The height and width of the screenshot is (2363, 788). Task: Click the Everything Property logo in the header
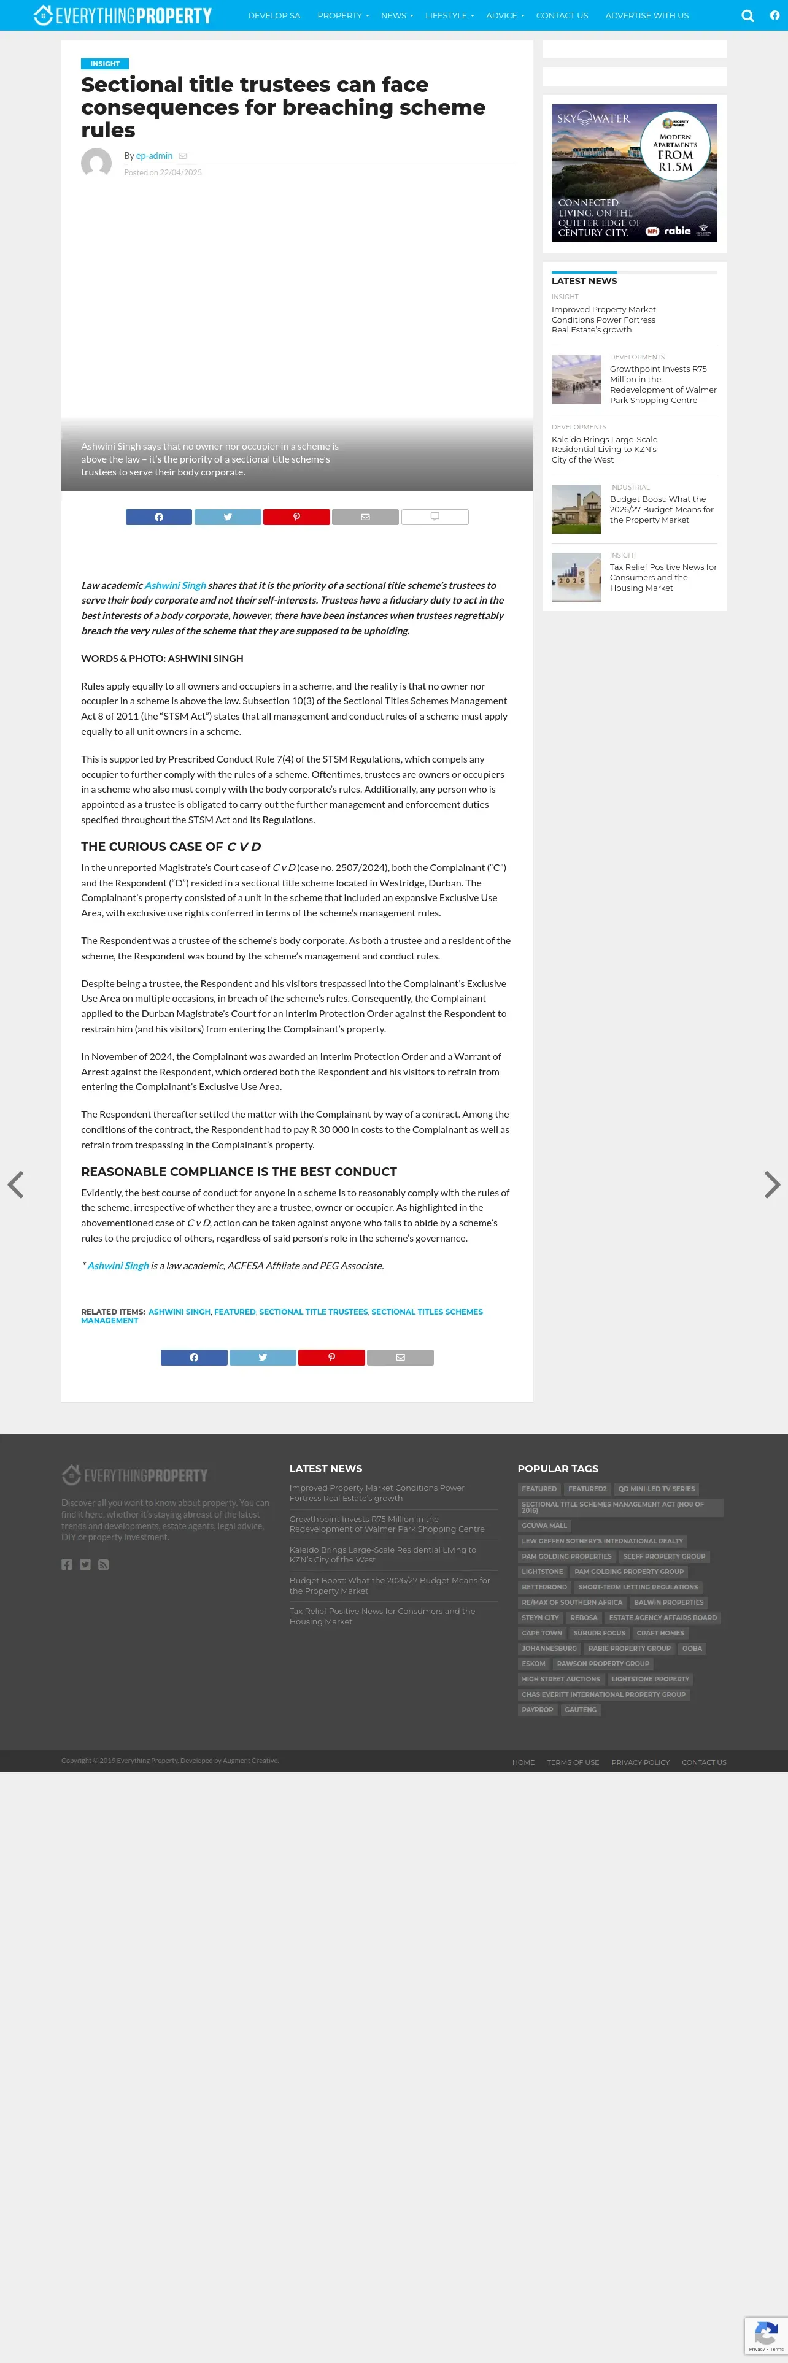tap(122, 15)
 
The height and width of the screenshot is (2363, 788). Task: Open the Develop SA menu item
tap(273, 15)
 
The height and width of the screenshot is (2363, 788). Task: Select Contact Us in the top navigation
tap(562, 15)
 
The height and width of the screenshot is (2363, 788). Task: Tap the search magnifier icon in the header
tap(747, 15)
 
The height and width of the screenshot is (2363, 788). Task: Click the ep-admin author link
tap(154, 156)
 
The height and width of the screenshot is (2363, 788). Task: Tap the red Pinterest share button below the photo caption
tap(296, 517)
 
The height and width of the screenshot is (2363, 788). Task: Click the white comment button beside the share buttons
tap(435, 517)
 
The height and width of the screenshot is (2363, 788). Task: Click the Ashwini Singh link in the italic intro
tap(174, 585)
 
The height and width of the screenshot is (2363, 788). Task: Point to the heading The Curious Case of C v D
tap(171, 847)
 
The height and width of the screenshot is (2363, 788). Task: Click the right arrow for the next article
tap(773, 1184)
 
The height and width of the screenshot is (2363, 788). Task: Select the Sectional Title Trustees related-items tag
tap(313, 1312)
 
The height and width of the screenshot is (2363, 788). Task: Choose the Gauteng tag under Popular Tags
tap(581, 1710)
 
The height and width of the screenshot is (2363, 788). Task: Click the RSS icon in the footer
tap(104, 1565)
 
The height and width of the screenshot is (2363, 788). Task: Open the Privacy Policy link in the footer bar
tap(640, 1762)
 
